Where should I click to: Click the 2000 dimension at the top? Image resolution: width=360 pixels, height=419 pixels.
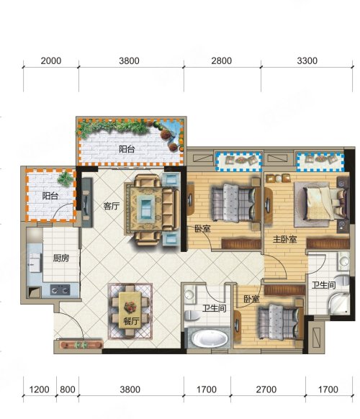click(51, 61)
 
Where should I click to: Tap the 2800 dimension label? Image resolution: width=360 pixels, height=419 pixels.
click(221, 61)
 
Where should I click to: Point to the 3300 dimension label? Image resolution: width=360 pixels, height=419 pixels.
click(307, 61)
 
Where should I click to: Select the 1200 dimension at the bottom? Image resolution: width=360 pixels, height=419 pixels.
click(39, 389)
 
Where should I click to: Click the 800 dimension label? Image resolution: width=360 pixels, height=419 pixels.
click(68, 389)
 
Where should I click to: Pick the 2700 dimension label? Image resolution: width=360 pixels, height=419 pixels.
click(266, 389)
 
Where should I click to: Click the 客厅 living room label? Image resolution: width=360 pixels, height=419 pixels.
click(112, 206)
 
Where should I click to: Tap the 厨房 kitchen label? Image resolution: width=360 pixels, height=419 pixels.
click(61, 258)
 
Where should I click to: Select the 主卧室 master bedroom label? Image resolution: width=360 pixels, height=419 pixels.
click(284, 239)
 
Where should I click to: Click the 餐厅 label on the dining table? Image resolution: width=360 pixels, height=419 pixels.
click(131, 321)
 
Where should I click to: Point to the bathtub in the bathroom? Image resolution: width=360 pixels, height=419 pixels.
click(210, 338)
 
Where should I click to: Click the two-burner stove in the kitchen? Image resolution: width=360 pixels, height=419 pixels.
click(60, 289)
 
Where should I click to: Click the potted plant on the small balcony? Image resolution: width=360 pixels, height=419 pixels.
click(66, 179)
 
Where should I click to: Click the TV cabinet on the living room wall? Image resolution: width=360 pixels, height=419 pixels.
click(87, 202)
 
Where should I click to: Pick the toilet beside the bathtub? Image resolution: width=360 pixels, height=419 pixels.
click(192, 316)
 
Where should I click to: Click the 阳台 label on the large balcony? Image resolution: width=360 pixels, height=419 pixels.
click(127, 149)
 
